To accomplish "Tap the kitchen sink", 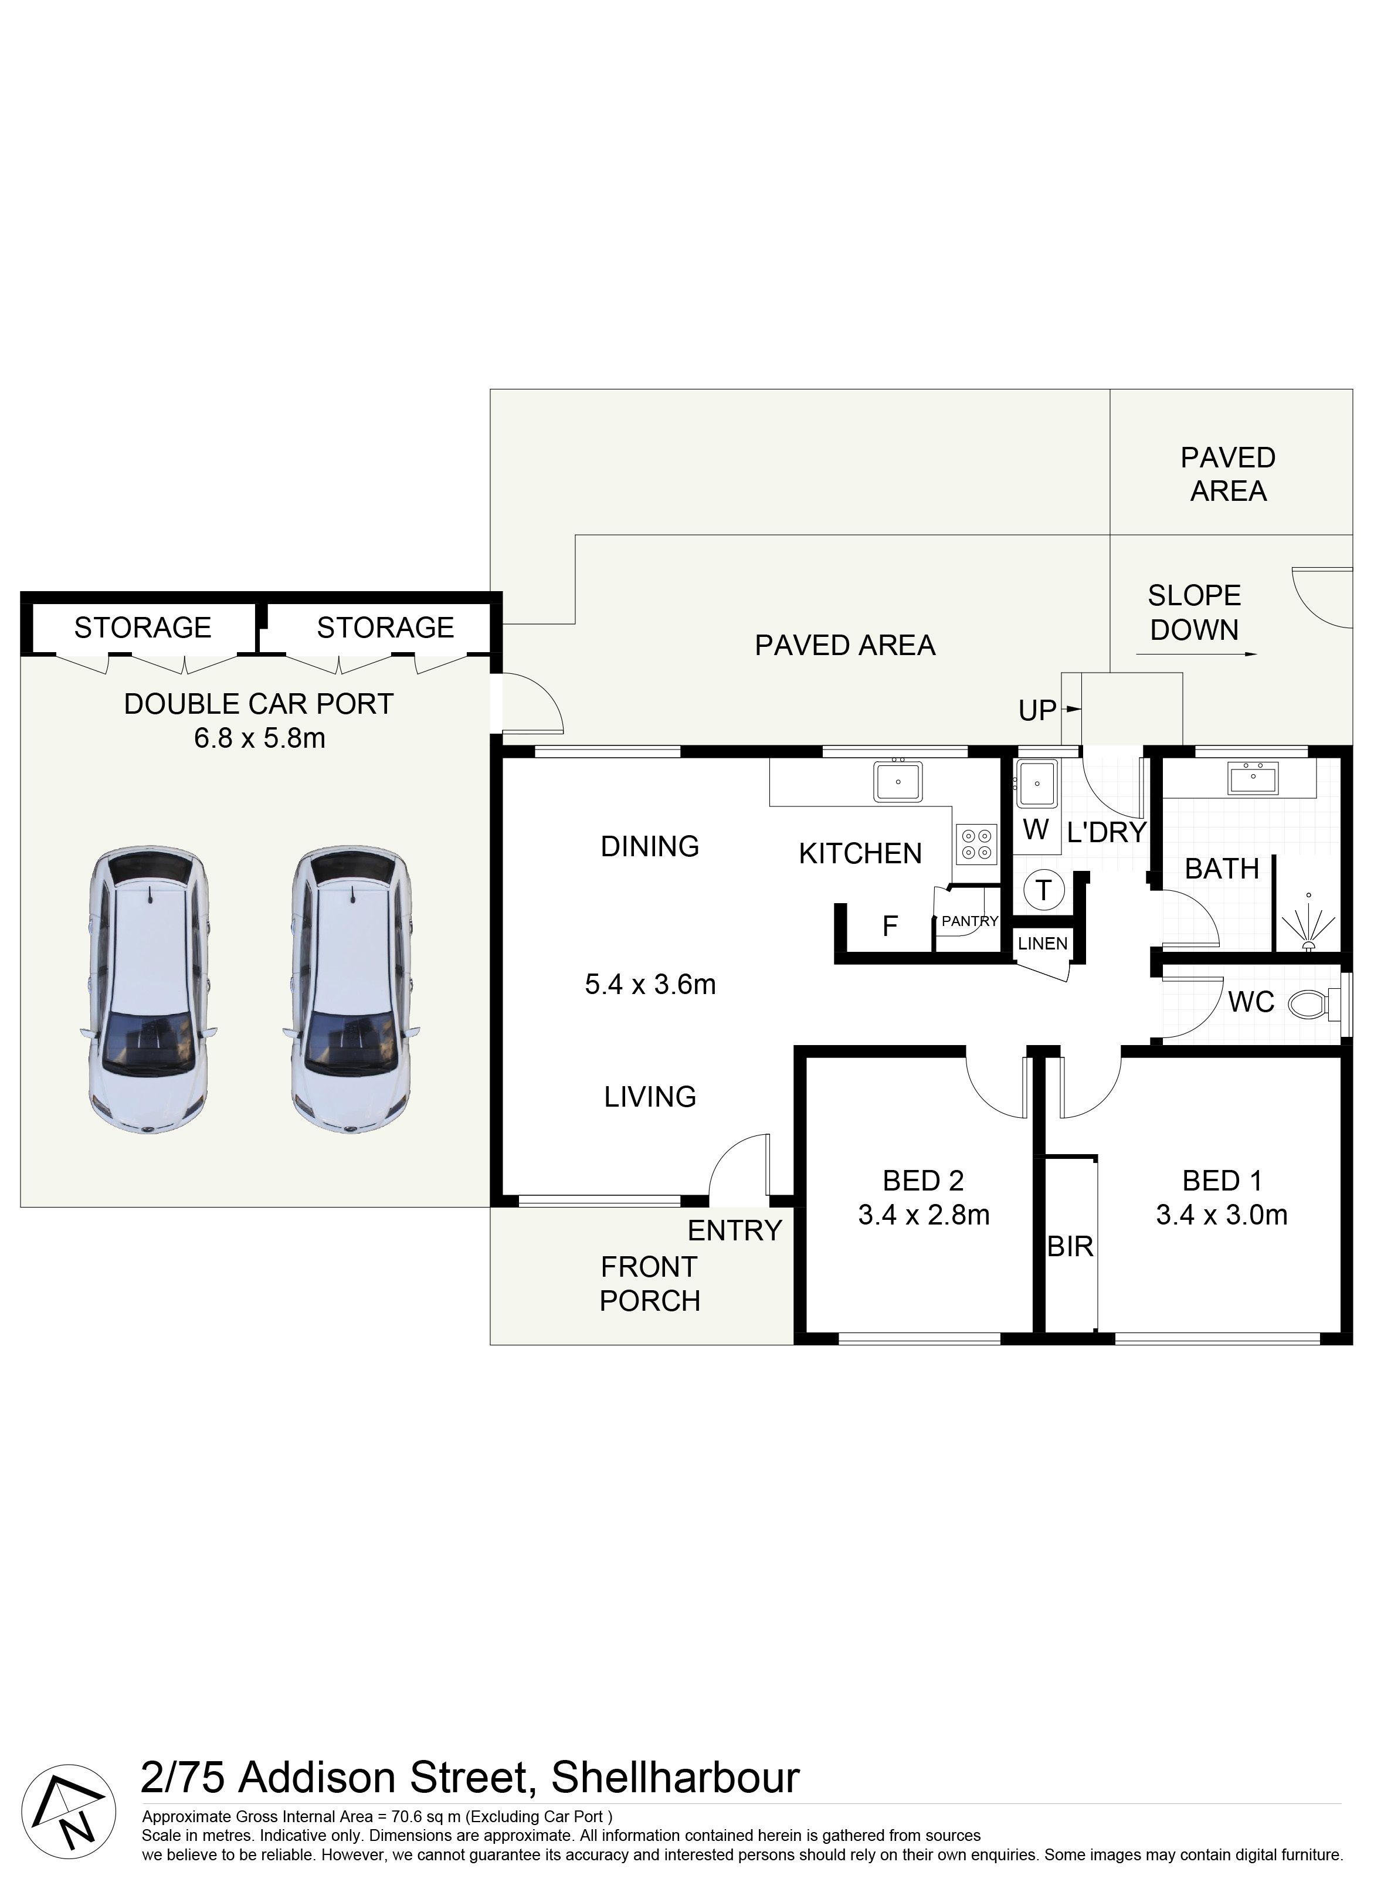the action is (x=898, y=781).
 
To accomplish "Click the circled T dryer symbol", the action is (x=1043, y=890).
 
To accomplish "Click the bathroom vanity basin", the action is (x=1253, y=779).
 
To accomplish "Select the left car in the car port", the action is (x=148, y=991).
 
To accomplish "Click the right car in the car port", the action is (x=351, y=991).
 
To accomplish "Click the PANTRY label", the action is (x=970, y=921).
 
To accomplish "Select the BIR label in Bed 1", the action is (x=1070, y=1247).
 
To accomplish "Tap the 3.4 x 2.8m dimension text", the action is (x=924, y=1215).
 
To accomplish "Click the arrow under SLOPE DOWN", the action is (x=1197, y=654).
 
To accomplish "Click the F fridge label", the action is (x=890, y=925).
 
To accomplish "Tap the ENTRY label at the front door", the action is (x=734, y=1230).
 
